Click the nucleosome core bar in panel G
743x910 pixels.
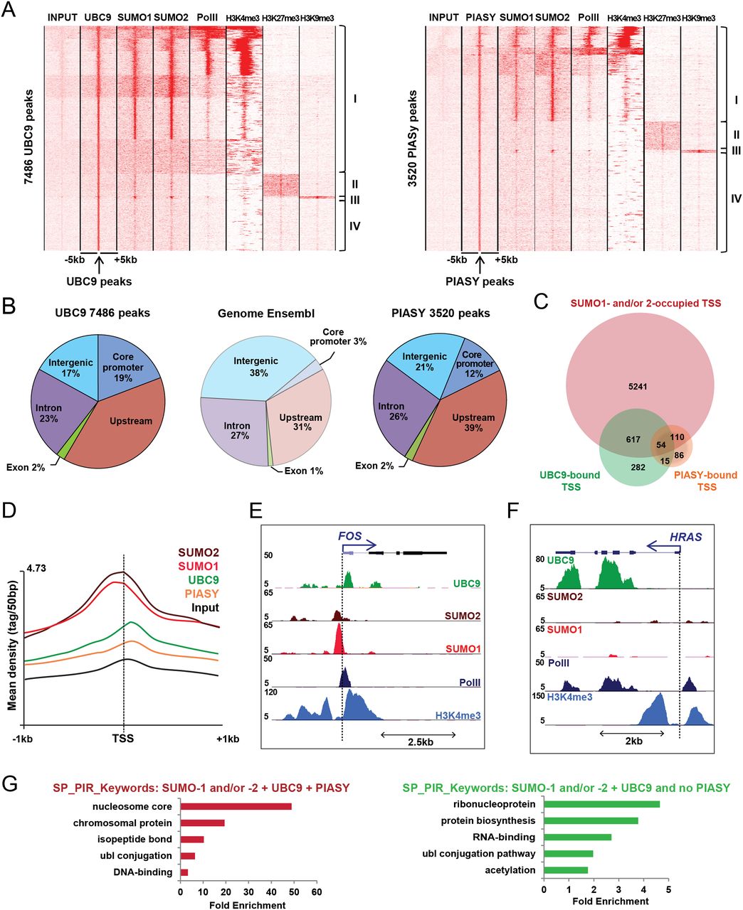pyautogui.click(x=236, y=806)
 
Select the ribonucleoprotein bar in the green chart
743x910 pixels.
pyautogui.click(x=601, y=804)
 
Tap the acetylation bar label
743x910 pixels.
pyautogui.click(x=510, y=870)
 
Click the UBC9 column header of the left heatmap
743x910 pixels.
pyautogui.click(x=98, y=17)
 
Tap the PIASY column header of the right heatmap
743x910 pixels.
pyautogui.click(x=480, y=17)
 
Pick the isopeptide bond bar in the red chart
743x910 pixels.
pyautogui.click(x=192, y=840)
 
